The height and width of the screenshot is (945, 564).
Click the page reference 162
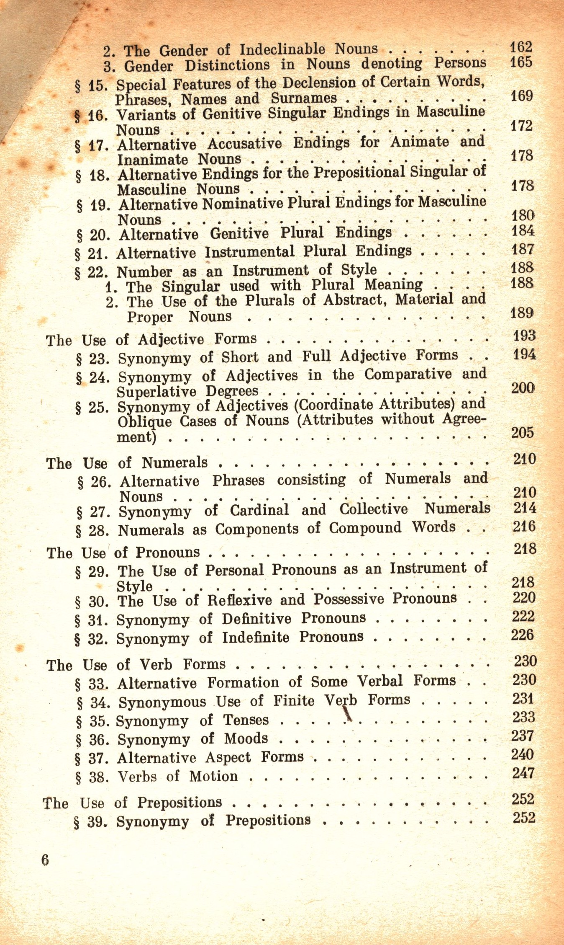point(520,46)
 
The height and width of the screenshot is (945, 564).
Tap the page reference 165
point(520,62)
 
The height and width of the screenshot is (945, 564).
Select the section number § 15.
point(91,86)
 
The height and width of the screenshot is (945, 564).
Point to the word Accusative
point(245,144)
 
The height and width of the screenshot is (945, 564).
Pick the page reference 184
point(523,230)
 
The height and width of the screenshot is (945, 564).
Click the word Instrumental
point(249,252)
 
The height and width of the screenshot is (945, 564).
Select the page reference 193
point(524,336)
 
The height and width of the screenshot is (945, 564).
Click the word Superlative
point(156,392)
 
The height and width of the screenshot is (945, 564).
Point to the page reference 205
point(522,432)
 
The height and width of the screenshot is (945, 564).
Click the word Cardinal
point(259,510)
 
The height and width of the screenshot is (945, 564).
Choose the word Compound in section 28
point(365,528)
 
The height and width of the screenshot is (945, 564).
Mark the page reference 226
point(522,635)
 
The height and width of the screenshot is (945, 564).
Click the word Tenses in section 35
point(246,720)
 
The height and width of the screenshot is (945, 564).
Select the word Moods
point(246,738)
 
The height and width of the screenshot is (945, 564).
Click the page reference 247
point(523,773)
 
